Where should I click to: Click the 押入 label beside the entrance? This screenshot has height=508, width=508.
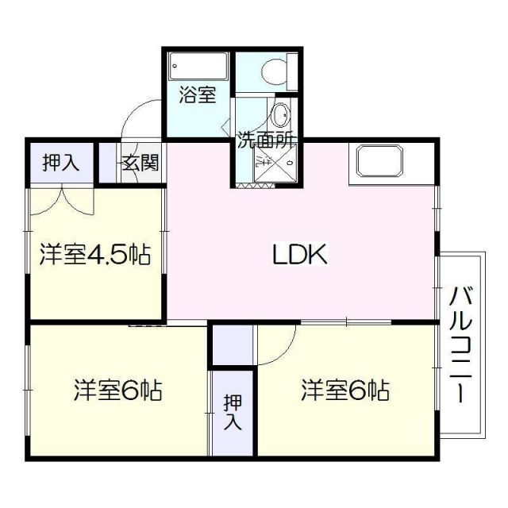[60, 163]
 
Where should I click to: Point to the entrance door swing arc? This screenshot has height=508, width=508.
[140, 120]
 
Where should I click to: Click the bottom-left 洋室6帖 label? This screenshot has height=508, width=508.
[119, 391]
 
